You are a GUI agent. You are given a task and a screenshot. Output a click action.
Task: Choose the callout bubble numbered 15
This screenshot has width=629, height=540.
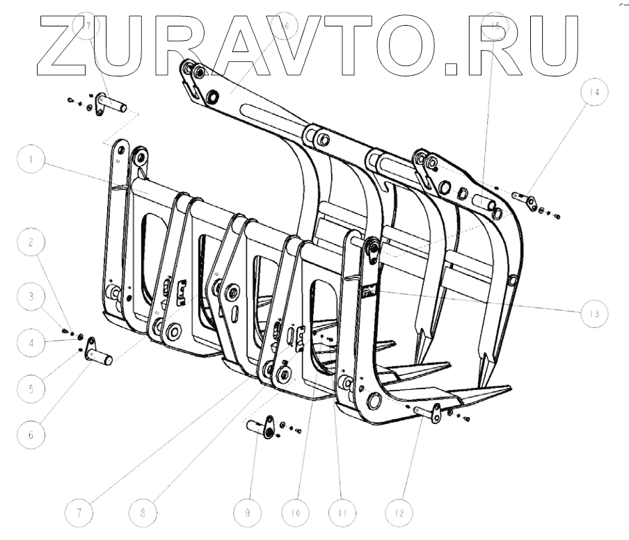495,25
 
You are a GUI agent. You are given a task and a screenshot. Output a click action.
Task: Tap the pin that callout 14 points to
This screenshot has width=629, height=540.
523,198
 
